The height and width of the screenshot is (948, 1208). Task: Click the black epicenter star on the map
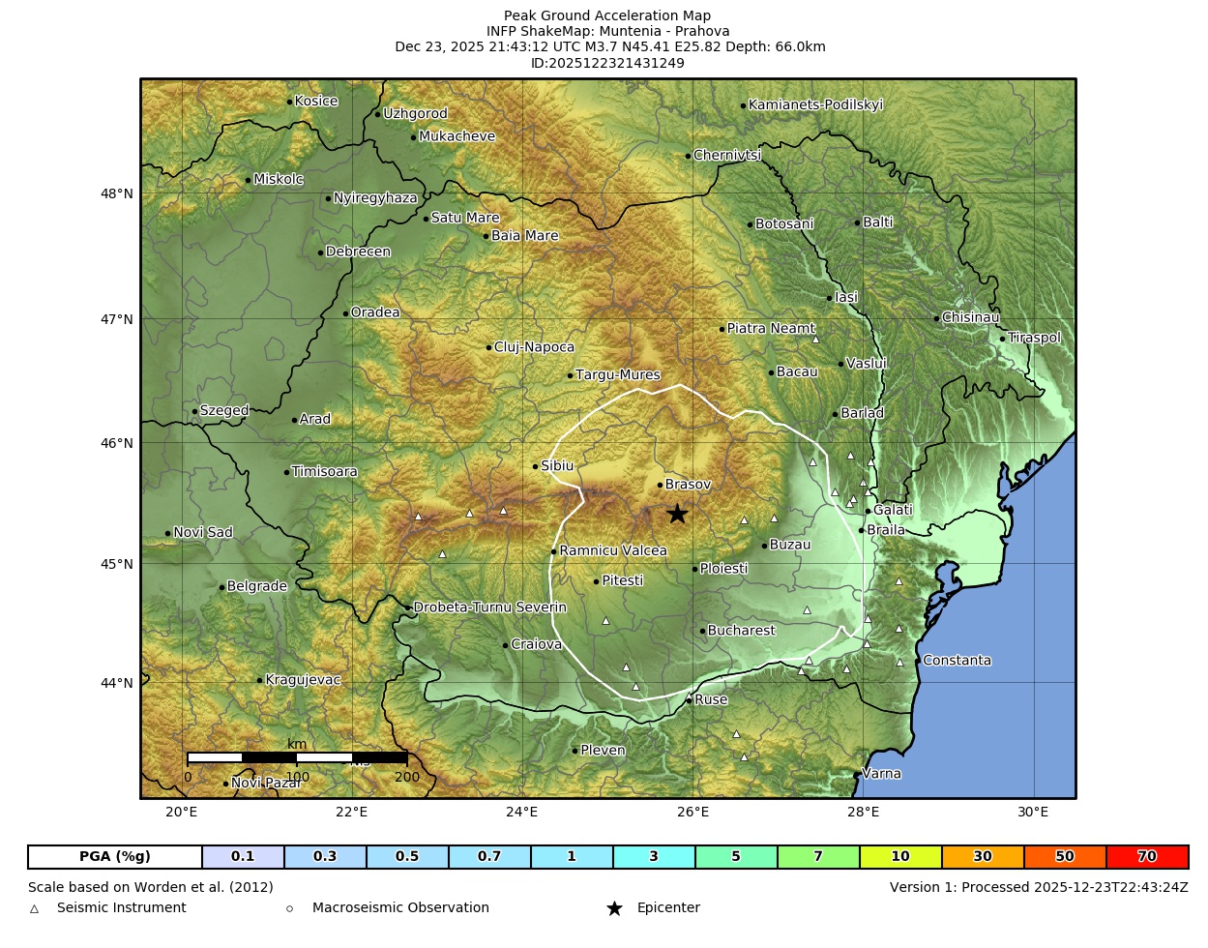(677, 514)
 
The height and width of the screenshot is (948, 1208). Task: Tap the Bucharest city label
(741, 631)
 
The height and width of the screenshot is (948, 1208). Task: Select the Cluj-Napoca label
(534, 347)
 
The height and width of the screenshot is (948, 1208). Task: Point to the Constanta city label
(957, 661)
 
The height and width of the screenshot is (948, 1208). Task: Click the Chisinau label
(970, 317)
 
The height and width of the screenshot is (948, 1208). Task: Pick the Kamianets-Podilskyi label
(815, 105)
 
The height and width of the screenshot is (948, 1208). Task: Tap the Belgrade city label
(256, 586)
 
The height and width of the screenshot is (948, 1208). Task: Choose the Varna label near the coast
(881, 774)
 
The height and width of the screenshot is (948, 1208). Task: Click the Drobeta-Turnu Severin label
(489, 607)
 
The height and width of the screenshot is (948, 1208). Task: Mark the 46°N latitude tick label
(117, 443)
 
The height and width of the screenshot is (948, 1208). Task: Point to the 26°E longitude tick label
(692, 812)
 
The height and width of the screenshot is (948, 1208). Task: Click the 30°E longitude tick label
(1033, 812)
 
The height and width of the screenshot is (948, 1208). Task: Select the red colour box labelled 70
(1147, 857)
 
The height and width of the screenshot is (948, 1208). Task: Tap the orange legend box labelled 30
(983, 857)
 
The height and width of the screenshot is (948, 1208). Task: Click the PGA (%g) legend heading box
(115, 857)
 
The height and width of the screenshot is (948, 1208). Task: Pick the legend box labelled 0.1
(243, 857)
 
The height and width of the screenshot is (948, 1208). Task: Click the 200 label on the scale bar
(407, 777)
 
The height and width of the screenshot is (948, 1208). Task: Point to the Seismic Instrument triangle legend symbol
(35, 908)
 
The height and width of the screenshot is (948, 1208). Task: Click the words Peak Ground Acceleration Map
(607, 15)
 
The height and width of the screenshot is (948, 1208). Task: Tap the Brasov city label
(688, 485)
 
